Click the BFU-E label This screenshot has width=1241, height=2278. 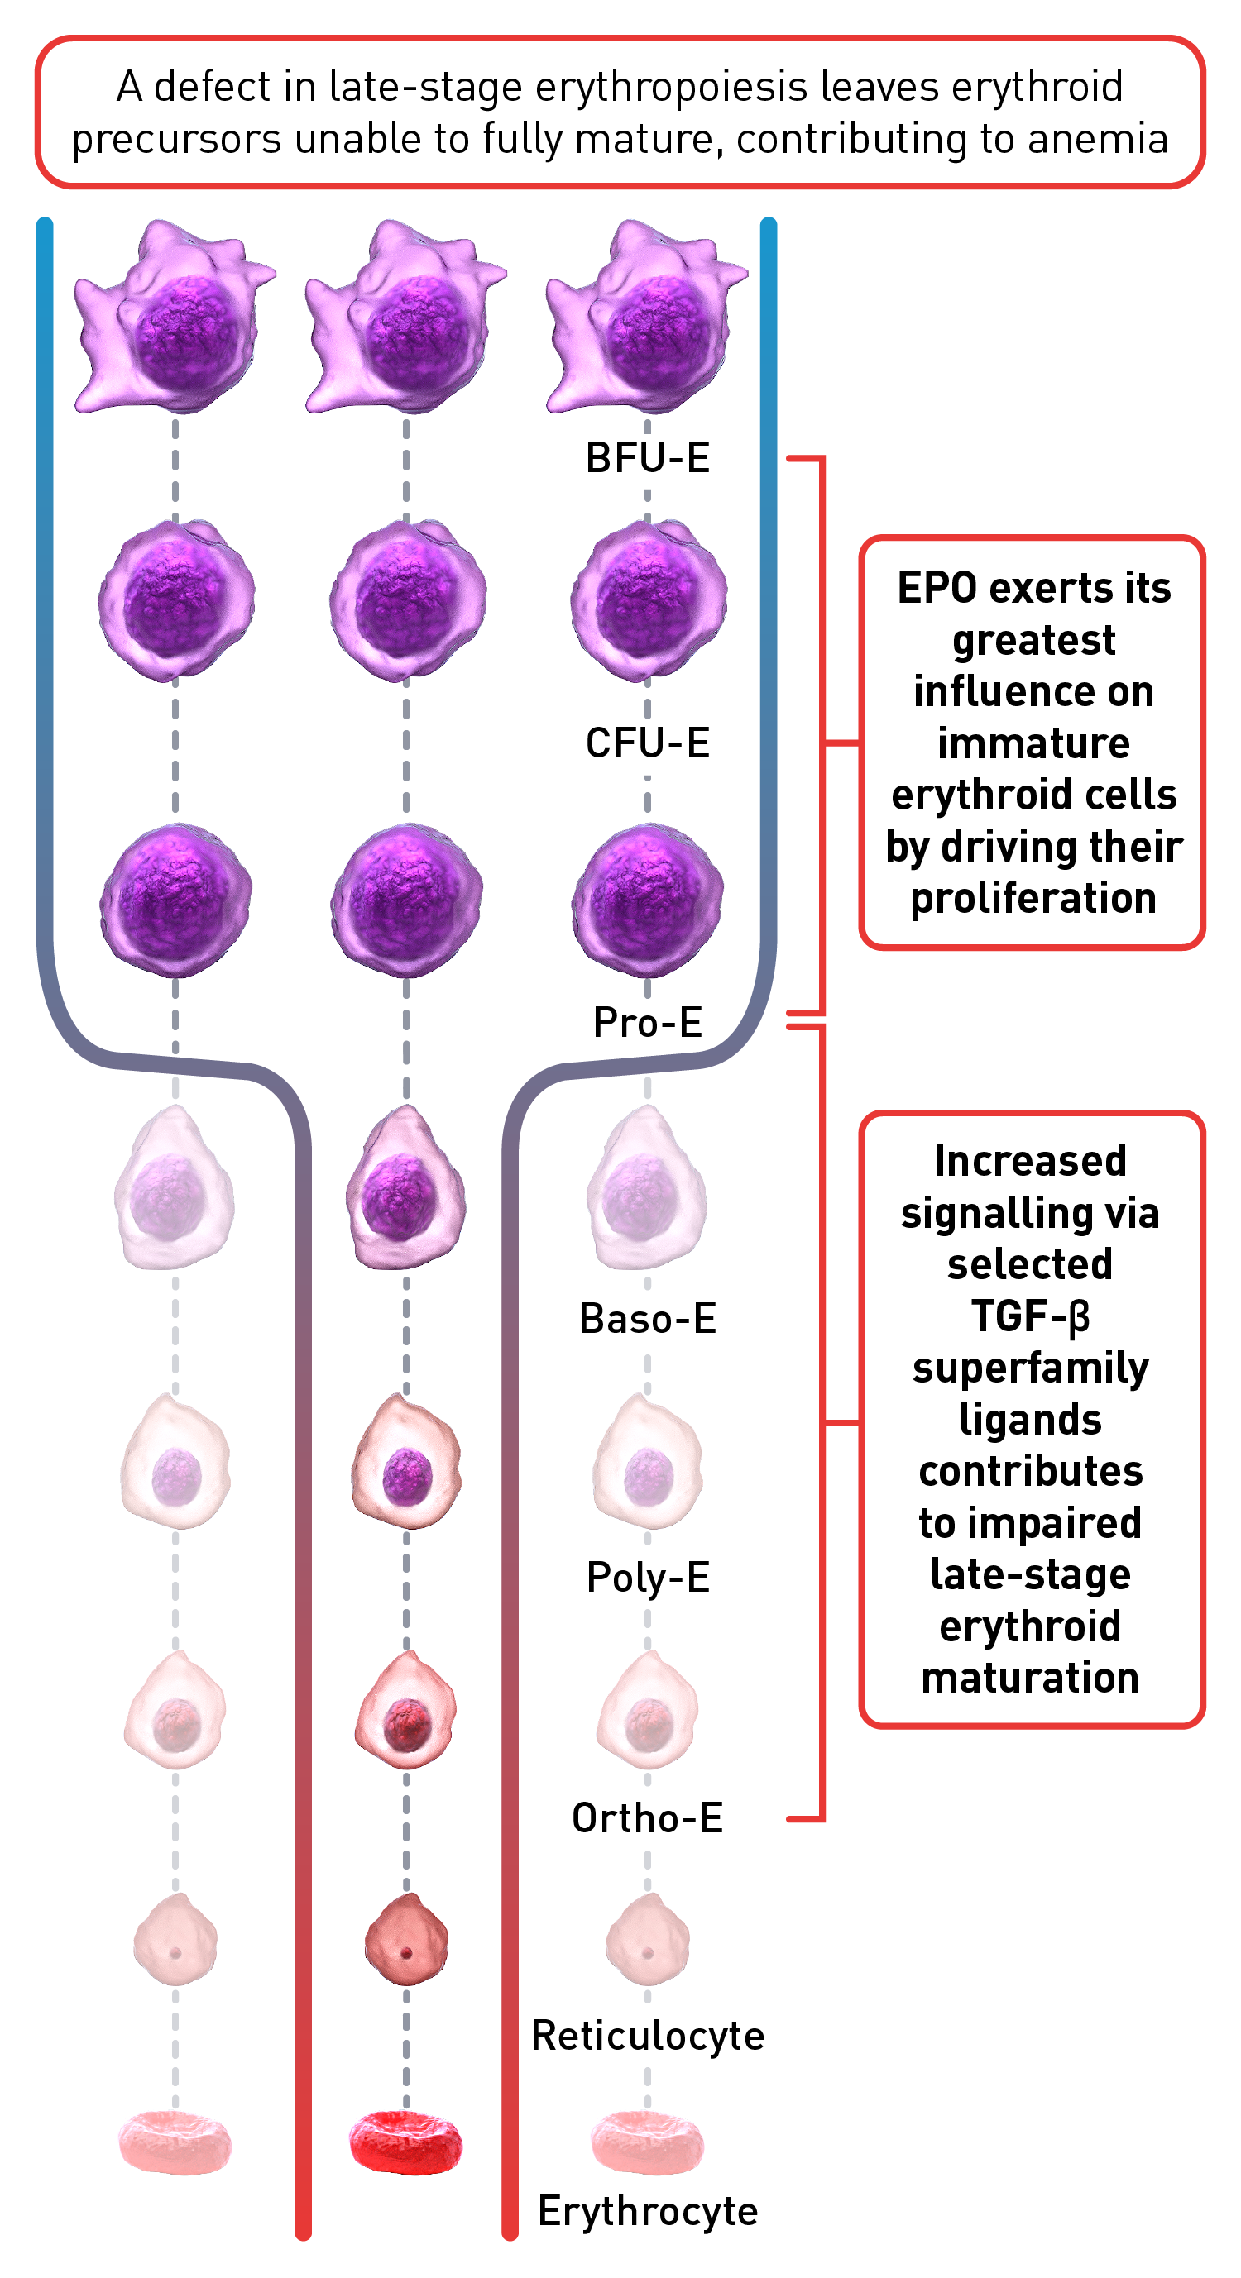tap(648, 458)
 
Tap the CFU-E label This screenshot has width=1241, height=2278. tap(648, 743)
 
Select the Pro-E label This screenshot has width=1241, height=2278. tap(648, 1022)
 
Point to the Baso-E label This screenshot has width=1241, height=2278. tap(648, 1319)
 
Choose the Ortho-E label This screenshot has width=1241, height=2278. tap(648, 1818)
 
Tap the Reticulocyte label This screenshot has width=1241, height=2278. tap(648, 2036)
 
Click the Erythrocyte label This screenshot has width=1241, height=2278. tap(648, 2211)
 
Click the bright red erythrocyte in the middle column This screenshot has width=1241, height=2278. tap(406, 2142)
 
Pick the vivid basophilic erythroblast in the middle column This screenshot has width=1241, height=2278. tap(406, 1187)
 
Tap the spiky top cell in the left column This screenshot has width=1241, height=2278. tap(175, 317)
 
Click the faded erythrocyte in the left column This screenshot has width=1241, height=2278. tap(175, 2142)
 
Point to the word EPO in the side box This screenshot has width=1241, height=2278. tap(938, 588)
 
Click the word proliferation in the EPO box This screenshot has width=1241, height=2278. tap(1033, 899)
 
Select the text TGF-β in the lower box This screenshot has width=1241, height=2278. tap(1031, 1316)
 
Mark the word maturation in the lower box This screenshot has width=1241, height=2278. tap(1031, 1678)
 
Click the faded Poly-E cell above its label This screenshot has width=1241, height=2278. tap(648, 1461)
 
